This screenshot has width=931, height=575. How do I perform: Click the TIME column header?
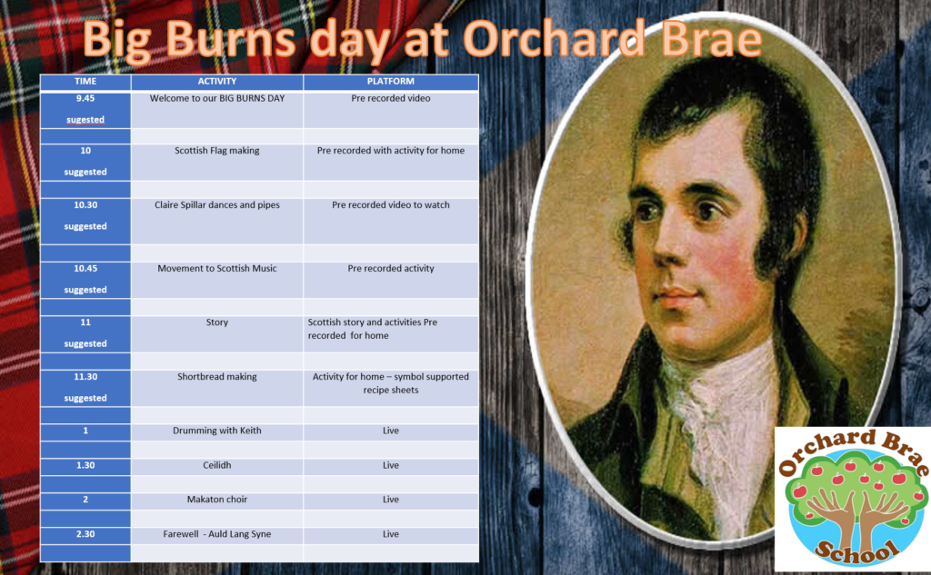click(85, 81)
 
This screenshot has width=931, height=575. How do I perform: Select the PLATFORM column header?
click(391, 81)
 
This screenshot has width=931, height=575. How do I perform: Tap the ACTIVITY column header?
click(217, 81)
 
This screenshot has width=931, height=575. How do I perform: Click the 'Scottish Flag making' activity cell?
click(217, 151)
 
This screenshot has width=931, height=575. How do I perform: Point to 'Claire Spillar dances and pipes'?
click(217, 204)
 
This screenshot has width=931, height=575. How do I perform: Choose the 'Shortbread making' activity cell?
click(217, 376)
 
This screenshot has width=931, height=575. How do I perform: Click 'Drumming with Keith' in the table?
click(217, 431)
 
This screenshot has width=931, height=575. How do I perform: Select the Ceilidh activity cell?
click(217, 465)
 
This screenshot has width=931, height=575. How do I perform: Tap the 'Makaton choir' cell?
click(217, 500)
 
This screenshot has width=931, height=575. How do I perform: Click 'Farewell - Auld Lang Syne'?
click(217, 534)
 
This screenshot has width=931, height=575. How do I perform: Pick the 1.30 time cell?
click(85, 465)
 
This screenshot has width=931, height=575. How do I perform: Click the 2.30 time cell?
click(85, 534)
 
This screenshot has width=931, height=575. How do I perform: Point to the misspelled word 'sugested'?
click(85, 120)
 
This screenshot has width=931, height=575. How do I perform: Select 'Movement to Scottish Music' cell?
click(217, 268)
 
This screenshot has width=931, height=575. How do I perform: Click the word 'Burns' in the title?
click(230, 40)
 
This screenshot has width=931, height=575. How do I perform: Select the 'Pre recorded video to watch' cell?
click(391, 204)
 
